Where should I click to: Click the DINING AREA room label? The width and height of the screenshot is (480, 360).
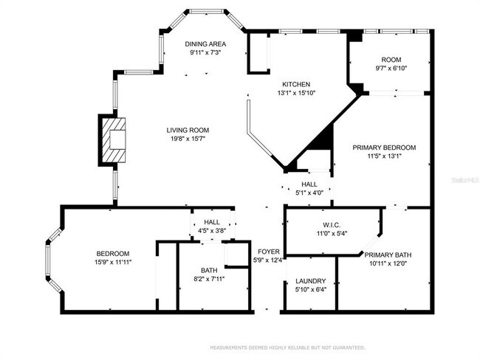205,44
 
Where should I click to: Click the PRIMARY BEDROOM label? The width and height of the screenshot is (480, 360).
383,147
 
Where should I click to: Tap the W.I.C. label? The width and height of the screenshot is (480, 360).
330,224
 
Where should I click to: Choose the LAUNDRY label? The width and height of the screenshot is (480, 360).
310,281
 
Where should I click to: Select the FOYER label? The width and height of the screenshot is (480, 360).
269,251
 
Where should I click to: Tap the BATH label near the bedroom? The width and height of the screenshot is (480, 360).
209,270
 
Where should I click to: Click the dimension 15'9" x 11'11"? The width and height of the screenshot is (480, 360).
113,262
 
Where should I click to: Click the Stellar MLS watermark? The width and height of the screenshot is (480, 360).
463,179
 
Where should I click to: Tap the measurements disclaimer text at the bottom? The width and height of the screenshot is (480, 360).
287,347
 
